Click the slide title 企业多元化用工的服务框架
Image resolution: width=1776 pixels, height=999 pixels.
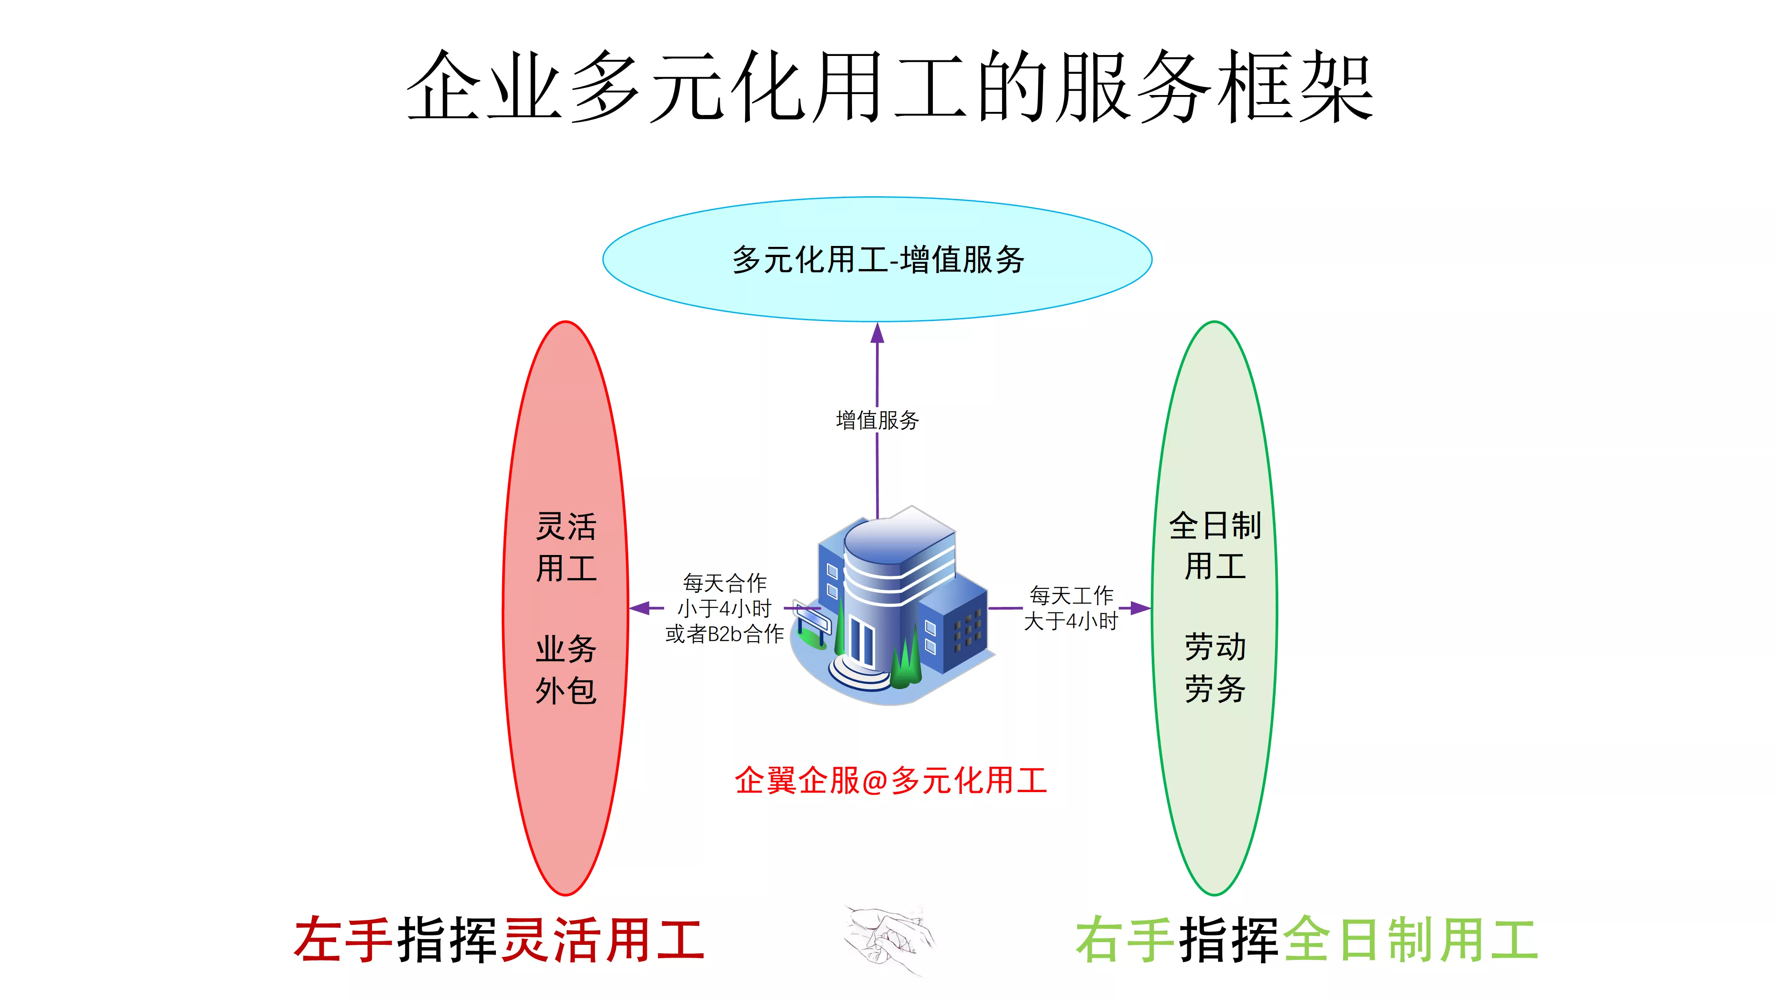click(x=889, y=87)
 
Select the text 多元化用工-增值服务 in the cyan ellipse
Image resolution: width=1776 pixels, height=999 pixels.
click(x=878, y=260)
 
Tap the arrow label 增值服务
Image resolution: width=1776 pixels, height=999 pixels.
click(x=877, y=420)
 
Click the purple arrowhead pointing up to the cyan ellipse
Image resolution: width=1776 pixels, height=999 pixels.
click(x=877, y=333)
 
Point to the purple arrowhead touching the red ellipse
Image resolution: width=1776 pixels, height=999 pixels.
click(x=640, y=608)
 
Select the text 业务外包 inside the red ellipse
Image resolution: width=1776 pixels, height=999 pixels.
click(x=566, y=670)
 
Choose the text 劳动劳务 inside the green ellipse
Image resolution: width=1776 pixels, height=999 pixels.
click(x=1215, y=667)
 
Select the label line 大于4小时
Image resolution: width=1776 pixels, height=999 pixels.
click(x=1070, y=621)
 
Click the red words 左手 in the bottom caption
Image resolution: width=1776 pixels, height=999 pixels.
click(x=343, y=939)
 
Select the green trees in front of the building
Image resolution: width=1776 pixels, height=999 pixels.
click(x=906, y=662)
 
